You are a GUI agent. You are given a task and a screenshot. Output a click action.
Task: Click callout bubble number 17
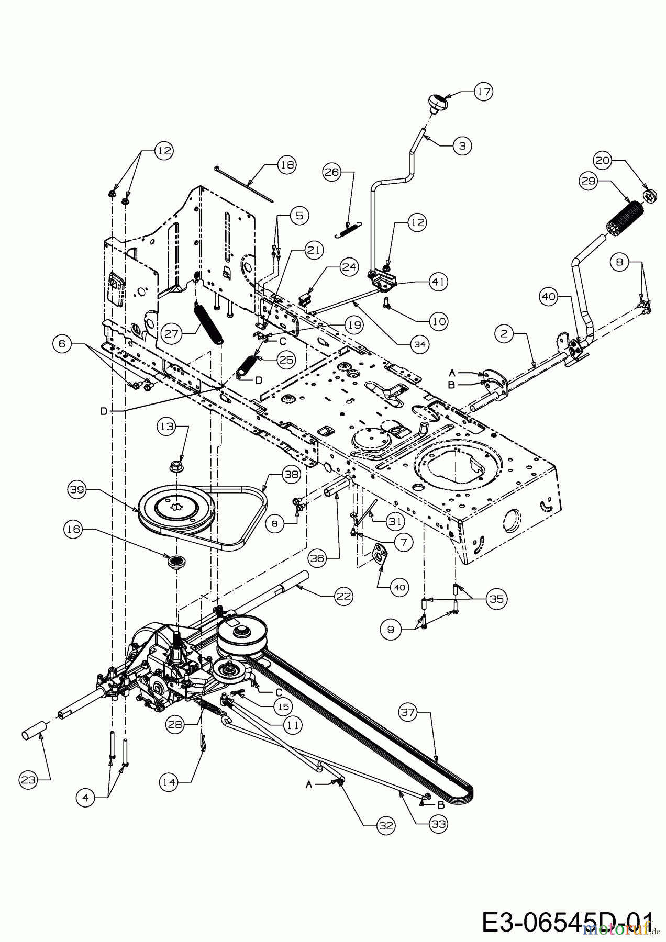484,92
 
